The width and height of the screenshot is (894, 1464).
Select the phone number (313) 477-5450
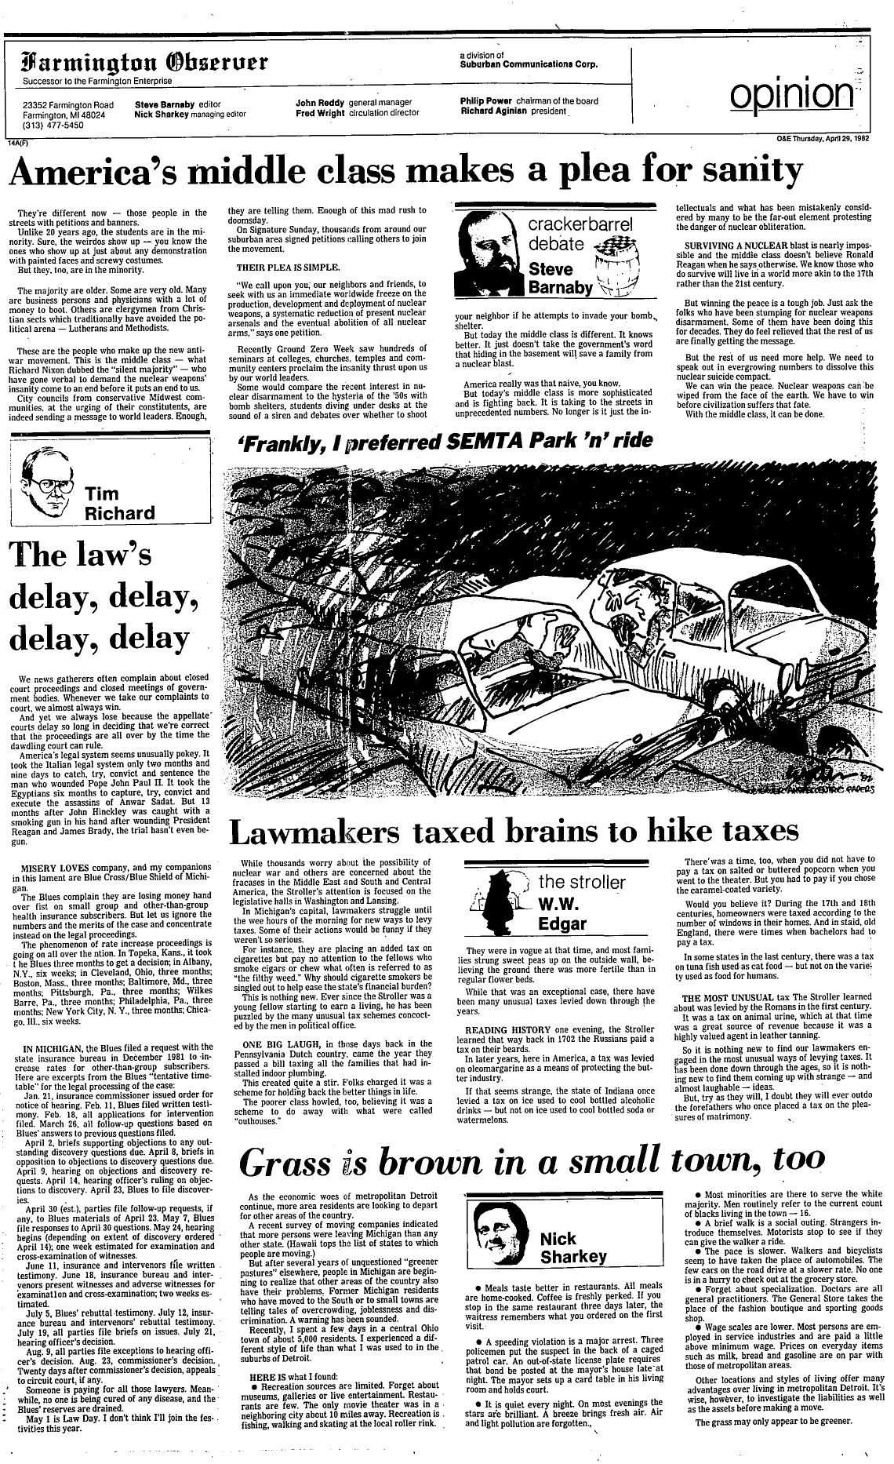click(53, 124)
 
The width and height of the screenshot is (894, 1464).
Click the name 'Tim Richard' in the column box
click(119, 504)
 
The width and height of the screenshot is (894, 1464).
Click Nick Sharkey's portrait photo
click(504, 1241)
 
